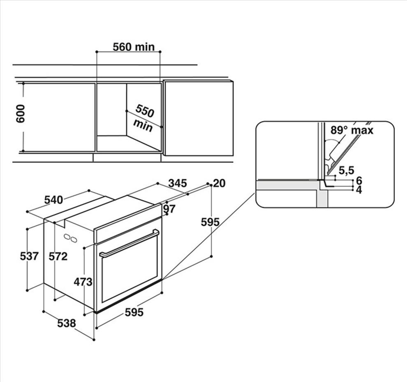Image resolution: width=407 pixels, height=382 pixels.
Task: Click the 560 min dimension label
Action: (134, 47)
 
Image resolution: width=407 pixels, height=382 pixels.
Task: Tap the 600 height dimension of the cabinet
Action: (20, 114)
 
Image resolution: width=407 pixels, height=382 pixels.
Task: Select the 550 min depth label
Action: (144, 118)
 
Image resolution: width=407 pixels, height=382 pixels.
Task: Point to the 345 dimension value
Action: (178, 183)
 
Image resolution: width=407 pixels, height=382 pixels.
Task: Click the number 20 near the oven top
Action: (220, 183)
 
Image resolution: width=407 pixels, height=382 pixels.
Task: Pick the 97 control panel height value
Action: (169, 208)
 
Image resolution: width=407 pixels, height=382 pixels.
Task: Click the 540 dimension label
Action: (53, 200)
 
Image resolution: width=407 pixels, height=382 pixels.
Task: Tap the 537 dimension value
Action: (29, 256)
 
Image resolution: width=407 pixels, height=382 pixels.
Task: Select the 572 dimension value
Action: (58, 257)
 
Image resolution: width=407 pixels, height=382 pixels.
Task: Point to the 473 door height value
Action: (83, 282)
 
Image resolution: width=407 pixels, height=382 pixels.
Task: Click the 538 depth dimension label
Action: (67, 323)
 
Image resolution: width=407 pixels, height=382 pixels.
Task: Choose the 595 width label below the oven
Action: (134, 312)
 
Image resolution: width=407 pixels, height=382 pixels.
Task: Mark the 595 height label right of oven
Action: (210, 222)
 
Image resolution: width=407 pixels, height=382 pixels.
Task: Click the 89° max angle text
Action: (352, 130)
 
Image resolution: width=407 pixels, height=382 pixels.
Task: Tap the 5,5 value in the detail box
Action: (347, 170)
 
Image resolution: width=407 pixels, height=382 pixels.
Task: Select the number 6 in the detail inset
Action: (359, 180)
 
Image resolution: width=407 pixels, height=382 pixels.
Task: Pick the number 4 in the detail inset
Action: (359, 190)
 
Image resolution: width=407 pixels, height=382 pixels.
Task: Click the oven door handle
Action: (129, 243)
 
